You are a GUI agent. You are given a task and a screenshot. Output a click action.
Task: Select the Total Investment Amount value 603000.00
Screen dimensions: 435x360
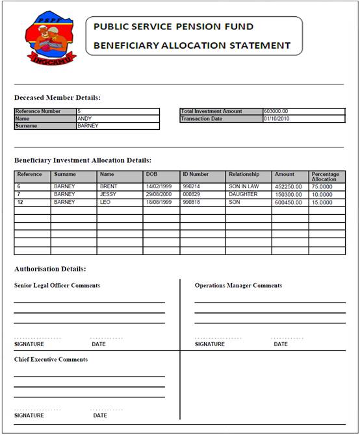click(x=276, y=111)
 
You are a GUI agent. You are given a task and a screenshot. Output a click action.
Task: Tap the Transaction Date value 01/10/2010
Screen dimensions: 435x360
click(x=277, y=119)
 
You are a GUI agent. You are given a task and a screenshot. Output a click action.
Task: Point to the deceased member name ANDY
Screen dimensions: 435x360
click(x=84, y=119)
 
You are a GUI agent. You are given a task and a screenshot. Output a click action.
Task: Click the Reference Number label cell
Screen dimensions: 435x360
click(x=40, y=112)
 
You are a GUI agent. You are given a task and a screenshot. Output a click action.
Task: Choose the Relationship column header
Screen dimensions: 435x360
click(x=244, y=174)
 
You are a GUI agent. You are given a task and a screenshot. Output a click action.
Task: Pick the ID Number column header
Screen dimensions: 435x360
click(x=196, y=174)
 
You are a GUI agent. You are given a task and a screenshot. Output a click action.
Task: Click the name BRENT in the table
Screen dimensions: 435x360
click(x=109, y=186)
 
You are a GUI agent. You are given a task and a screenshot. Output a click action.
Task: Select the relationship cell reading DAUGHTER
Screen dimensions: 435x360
click(x=243, y=194)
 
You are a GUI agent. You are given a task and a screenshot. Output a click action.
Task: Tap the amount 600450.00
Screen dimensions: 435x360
click(x=288, y=202)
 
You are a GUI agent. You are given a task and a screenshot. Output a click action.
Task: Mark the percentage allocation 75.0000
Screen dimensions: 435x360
click(x=322, y=186)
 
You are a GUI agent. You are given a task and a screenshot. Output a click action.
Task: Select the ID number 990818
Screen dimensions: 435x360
click(x=191, y=202)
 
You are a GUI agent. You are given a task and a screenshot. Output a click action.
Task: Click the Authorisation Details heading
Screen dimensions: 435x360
click(x=50, y=268)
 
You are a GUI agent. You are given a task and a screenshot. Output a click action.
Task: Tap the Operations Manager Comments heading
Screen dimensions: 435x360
click(x=238, y=285)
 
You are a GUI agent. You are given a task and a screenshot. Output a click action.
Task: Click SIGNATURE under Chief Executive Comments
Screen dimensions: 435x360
click(x=29, y=415)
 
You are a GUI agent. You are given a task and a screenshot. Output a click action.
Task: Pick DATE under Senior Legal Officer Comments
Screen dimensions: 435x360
click(x=99, y=344)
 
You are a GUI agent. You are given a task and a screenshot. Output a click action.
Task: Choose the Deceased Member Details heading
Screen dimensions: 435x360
click(x=57, y=97)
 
